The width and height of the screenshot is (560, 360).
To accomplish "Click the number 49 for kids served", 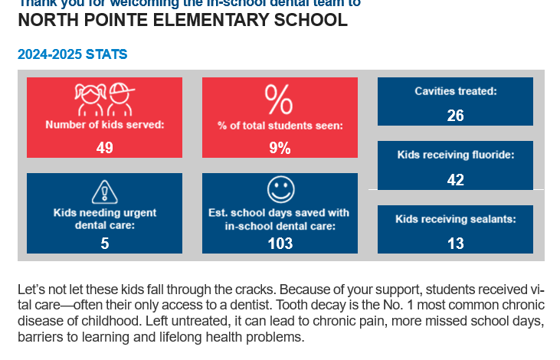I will tap(104, 147).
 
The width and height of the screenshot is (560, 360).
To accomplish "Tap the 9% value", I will tap(280, 148).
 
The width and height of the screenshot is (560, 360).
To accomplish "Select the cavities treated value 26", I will tap(455, 116).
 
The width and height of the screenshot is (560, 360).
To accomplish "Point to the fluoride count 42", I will tap(455, 180).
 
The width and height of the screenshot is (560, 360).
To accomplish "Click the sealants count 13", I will tap(455, 244).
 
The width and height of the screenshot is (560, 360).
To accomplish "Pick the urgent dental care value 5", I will tap(104, 244).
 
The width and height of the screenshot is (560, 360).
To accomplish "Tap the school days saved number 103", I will tap(280, 244).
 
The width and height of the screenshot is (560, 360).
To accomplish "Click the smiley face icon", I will tap(280, 190).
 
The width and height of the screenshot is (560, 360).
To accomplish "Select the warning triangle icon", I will tap(104, 191).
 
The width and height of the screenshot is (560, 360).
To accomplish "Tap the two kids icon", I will tap(105, 98).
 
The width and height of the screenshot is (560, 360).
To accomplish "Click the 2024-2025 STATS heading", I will tap(72, 54).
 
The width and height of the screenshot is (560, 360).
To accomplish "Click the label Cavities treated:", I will tap(456, 91).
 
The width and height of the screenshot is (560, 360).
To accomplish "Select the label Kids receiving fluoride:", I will tap(455, 155).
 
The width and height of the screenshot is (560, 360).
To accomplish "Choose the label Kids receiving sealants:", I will tap(455, 219).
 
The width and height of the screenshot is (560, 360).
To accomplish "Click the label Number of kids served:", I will tap(105, 123).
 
